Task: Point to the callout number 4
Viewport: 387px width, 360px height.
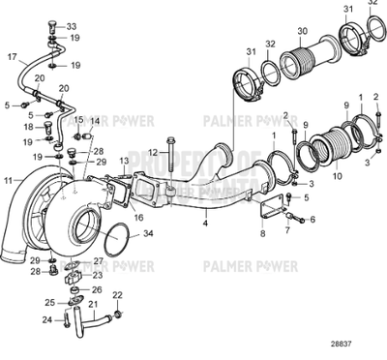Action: [x=204, y=222]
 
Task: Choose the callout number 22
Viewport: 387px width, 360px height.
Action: [x=117, y=294]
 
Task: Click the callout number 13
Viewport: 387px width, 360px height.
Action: [x=124, y=160]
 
